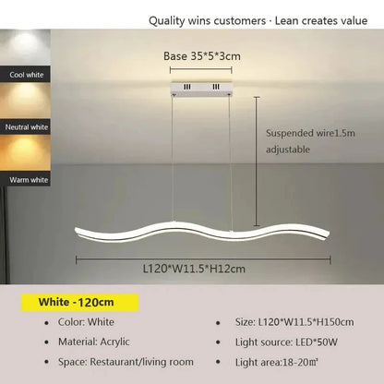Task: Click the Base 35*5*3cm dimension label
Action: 202,56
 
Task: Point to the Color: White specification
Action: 89,324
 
